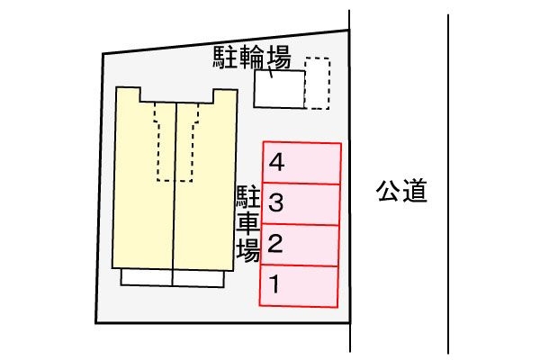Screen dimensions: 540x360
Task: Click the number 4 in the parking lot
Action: point(276,162)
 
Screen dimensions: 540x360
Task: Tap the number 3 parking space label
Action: point(276,202)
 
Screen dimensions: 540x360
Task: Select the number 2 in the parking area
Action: point(275,243)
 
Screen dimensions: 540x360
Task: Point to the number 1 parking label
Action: point(274,283)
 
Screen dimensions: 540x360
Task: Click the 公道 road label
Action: point(401,190)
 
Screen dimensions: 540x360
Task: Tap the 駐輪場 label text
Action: point(252,58)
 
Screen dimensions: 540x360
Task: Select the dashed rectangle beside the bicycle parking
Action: point(317,84)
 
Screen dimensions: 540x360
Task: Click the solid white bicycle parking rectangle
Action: point(279,89)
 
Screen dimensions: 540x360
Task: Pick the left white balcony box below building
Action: point(147,277)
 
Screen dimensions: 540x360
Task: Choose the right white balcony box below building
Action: point(198,279)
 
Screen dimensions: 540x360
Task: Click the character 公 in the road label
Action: point(389,190)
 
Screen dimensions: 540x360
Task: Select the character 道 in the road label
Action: point(415,191)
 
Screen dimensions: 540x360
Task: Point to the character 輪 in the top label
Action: point(252,58)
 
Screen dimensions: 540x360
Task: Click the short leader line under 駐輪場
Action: point(270,72)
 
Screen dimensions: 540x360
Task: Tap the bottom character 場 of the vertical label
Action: point(248,250)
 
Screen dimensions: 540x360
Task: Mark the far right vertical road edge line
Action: point(448,184)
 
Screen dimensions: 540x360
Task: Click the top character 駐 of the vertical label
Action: point(248,197)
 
